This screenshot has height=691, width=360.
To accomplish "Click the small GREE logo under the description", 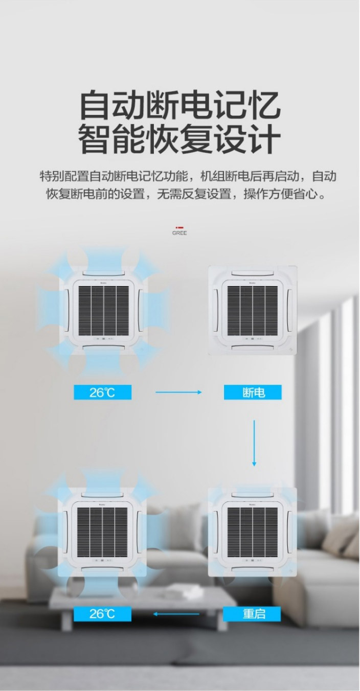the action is [x=179, y=231].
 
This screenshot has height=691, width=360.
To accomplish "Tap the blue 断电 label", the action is [x=253, y=393].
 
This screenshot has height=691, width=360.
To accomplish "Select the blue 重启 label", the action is [x=252, y=614].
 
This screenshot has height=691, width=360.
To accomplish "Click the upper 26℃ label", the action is [x=102, y=393].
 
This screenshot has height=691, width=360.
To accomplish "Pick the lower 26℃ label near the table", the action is [x=102, y=614].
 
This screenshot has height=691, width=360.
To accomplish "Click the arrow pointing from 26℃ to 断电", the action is [x=178, y=392].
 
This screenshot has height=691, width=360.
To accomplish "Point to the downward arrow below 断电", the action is [x=254, y=443].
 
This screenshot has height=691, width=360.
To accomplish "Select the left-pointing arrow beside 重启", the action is [x=176, y=614].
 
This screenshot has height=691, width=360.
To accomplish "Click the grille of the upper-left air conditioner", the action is [x=104, y=311].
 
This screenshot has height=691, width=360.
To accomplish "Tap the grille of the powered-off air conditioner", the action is [x=253, y=311].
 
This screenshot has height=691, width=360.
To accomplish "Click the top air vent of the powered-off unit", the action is [x=253, y=273].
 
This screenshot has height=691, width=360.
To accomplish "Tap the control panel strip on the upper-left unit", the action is [x=104, y=338].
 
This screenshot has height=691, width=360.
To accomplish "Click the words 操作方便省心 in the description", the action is [x=280, y=194].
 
